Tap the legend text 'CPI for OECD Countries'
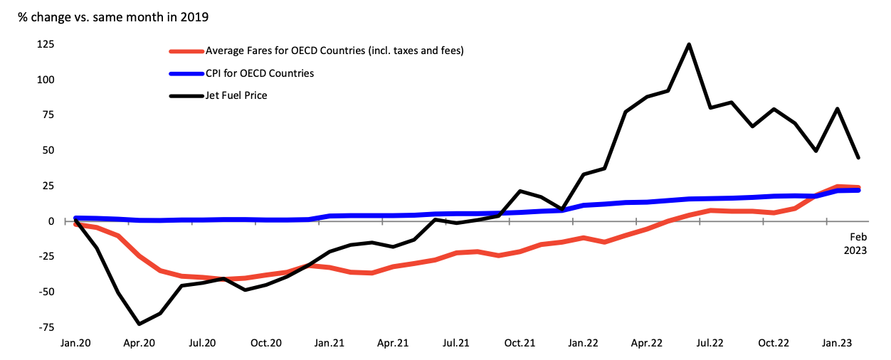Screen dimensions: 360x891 coord(260,73)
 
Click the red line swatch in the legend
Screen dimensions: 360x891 coord(186,51)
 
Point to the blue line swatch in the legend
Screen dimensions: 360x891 coord(186,73)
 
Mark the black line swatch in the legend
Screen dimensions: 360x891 coord(186,95)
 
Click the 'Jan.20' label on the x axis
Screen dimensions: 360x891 coord(75,343)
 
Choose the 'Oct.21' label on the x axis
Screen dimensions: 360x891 coord(520,343)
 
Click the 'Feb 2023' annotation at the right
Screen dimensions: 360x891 coord(855,243)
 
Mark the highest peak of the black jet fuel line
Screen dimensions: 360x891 coord(689,44)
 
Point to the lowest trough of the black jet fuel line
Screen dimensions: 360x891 coord(139,324)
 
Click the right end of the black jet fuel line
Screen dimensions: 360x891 coord(858,158)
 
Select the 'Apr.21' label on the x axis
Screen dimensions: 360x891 coord(393,343)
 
